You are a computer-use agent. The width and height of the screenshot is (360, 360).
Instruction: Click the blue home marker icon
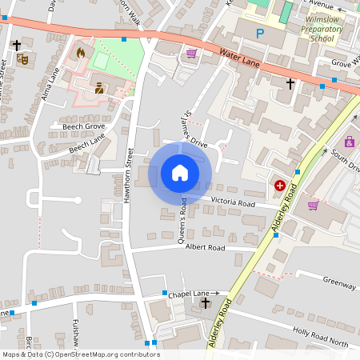[180, 172]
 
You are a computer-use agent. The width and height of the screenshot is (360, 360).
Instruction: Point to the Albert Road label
[206, 248]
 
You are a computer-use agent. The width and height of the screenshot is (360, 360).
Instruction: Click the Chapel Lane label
[188, 294]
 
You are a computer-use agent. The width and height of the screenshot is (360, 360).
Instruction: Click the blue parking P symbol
[259, 34]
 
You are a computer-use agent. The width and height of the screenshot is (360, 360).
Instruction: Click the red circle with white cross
[280, 186]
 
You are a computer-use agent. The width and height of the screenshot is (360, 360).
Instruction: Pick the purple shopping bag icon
[349, 142]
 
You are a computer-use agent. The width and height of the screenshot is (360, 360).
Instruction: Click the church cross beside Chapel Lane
[206, 303]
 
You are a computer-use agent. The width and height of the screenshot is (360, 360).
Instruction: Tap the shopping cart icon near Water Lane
[191, 54]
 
